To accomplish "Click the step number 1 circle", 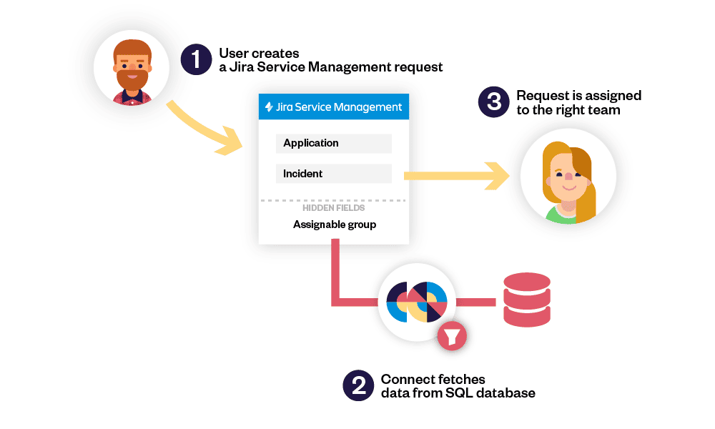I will [194, 60].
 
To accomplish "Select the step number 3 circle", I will [494, 102].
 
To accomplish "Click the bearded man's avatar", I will [132, 69].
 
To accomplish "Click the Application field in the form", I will [333, 143].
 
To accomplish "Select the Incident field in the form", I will [333, 174].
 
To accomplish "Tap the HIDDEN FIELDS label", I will [333, 208].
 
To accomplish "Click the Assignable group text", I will [334, 225].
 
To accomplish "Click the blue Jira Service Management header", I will [333, 107].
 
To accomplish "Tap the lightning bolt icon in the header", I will [269, 107].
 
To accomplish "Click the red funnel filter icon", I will [452, 335].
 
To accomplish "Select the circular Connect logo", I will [417, 301].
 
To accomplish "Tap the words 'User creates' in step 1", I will [259, 54].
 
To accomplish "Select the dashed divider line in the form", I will [333, 200].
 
